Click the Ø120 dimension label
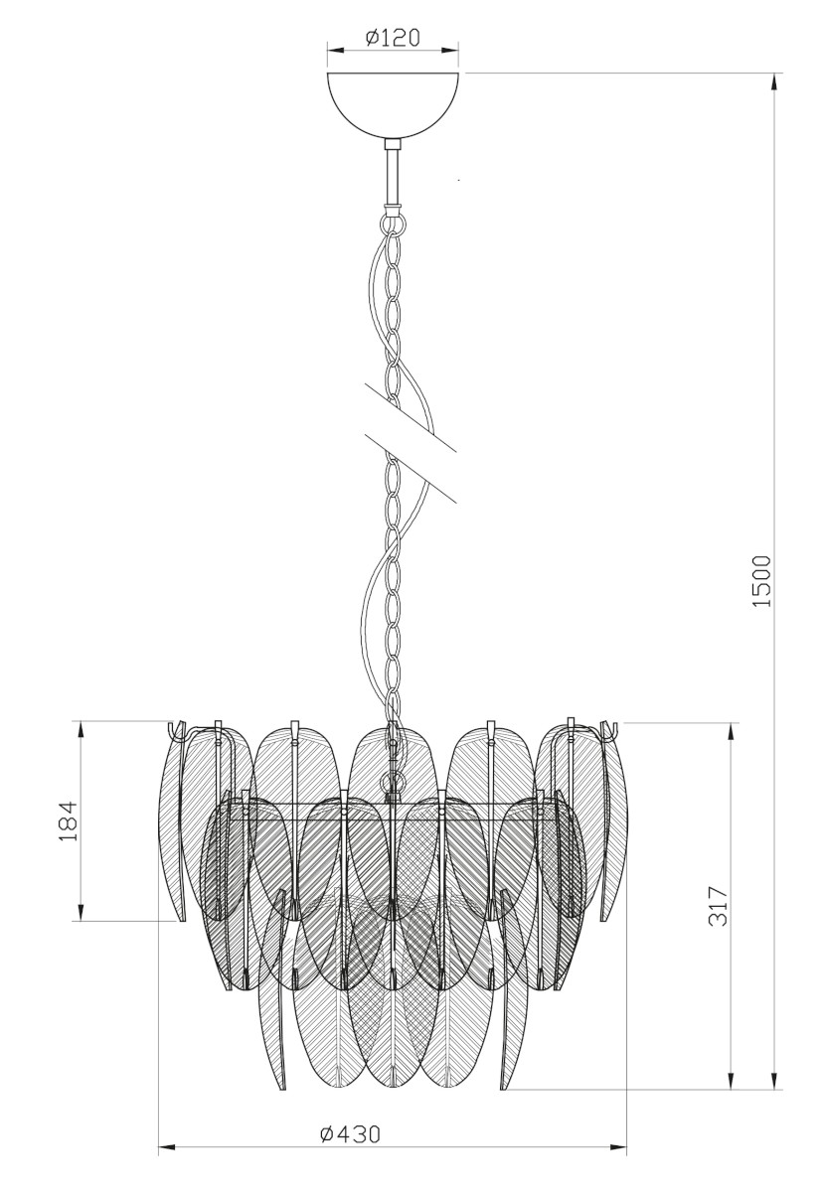[393, 38]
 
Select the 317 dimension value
[718, 906]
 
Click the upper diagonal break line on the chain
[410, 416]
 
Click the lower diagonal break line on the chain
[410, 468]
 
